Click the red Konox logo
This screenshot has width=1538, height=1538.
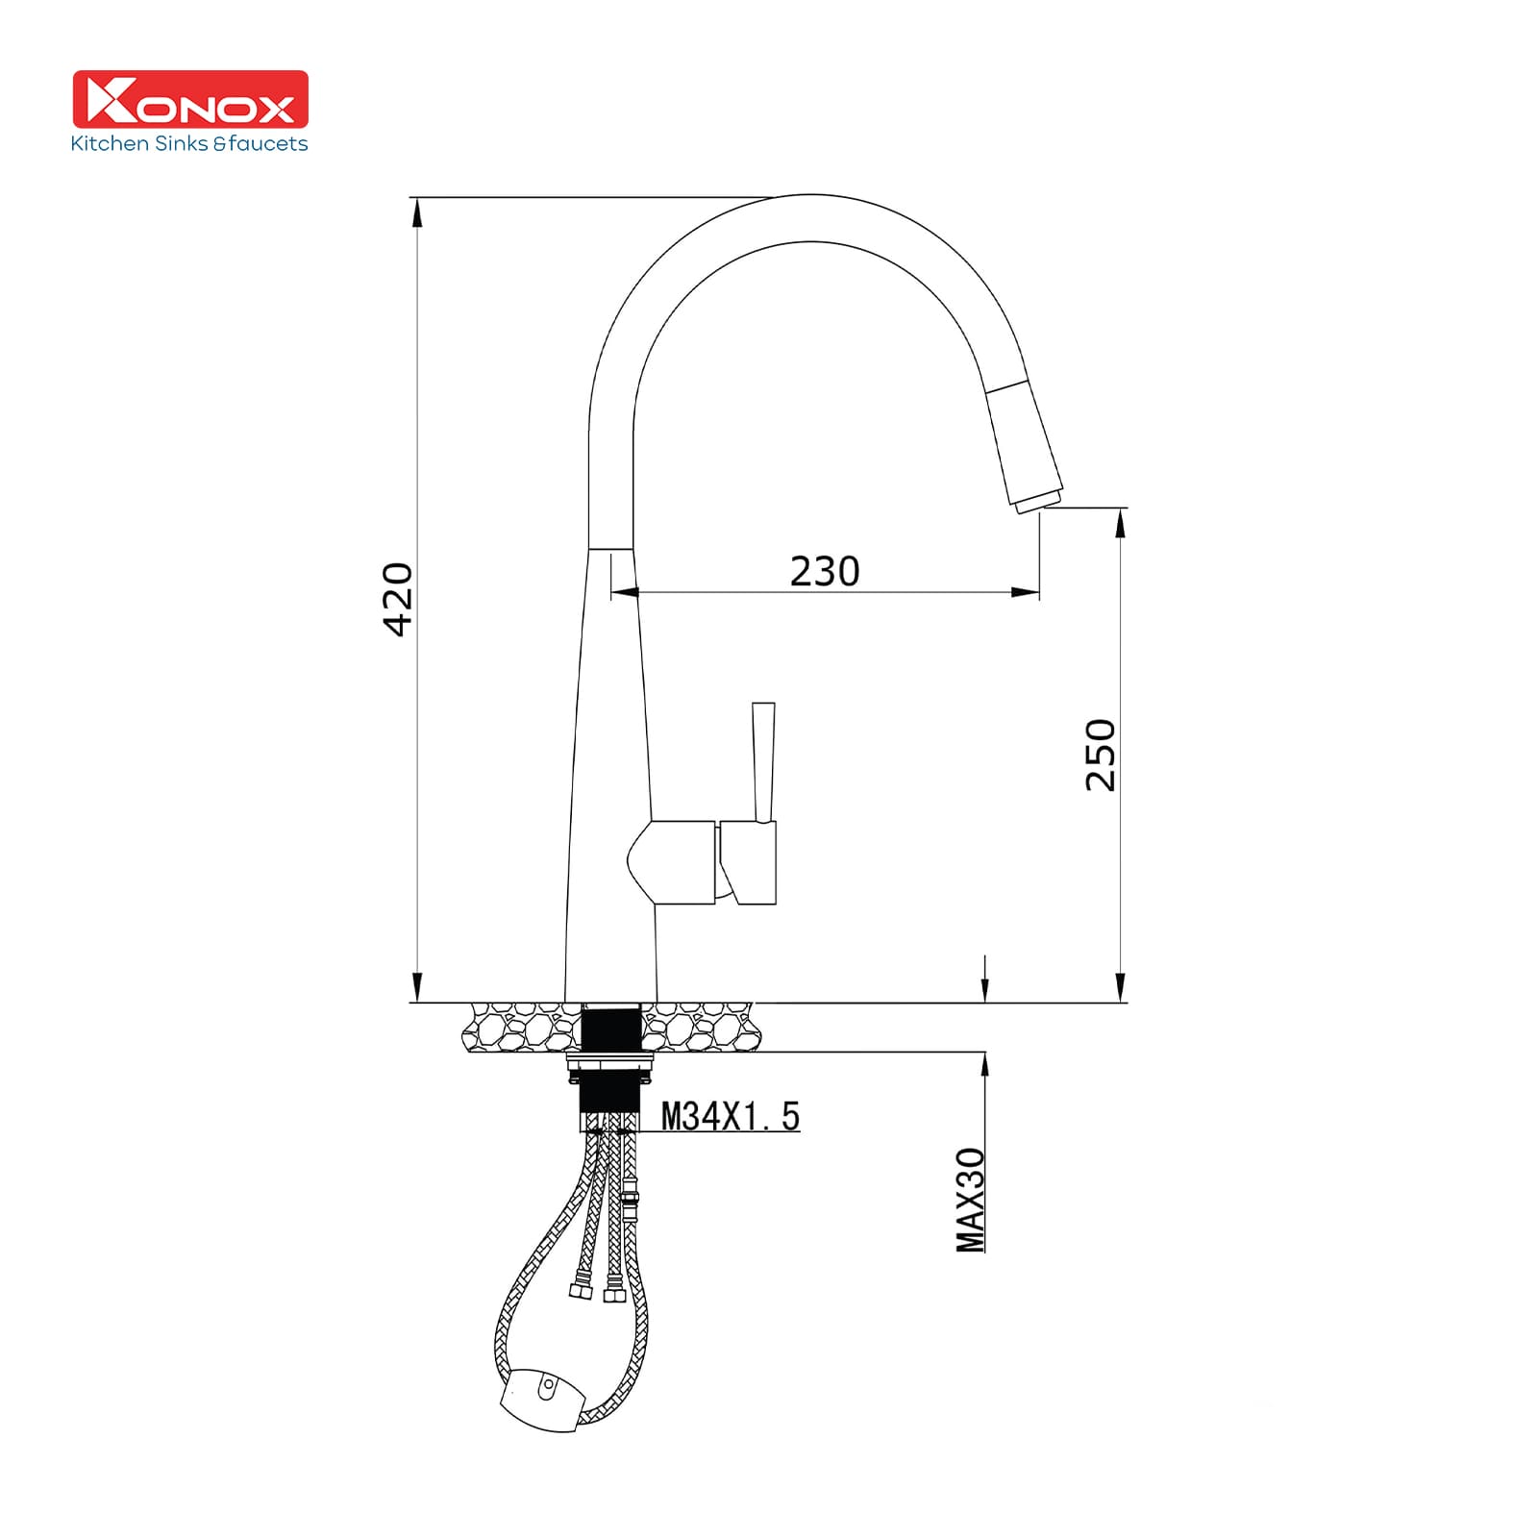click(x=190, y=98)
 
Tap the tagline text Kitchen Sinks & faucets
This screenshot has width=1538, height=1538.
click(x=189, y=144)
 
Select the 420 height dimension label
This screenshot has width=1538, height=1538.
click(x=397, y=600)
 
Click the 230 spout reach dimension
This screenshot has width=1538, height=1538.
click(x=824, y=571)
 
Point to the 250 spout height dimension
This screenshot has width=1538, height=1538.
click(x=1101, y=755)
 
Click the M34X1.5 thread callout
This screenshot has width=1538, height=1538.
click(x=731, y=1116)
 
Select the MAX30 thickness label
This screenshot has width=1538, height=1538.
click(x=971, y=1200)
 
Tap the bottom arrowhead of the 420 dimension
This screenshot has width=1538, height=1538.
click(x=416, y=988)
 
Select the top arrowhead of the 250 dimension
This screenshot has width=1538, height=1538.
click(x=1120, y=522)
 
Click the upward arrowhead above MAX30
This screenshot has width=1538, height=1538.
click(x=984, y=1065)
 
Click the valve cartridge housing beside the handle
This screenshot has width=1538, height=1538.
click(x=682, y=861)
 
